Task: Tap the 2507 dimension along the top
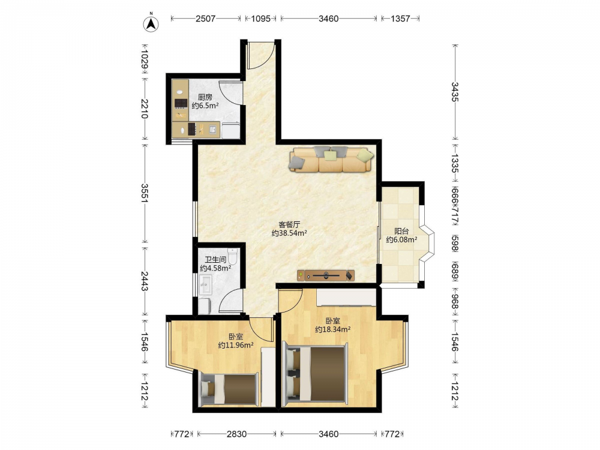click(x=205, y=19)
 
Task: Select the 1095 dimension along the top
click(x=261, y=19)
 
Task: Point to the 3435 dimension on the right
click(x=455, y=92)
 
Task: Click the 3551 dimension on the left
click(x=145, y=193)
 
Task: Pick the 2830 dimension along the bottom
click(x=236, y=434)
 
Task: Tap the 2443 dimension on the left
click(x=145, y=281)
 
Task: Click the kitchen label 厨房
click(x=205, y=97)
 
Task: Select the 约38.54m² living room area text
click(x=289, y=233)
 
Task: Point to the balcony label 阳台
click(x=402, y=231)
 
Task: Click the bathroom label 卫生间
click(x=215, y=260)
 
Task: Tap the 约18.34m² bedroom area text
click(x=333, y=329)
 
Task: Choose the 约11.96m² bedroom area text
click(x=236, y=345)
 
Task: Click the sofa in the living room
click(x=331, y=160)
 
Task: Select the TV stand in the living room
click(x=326, y=275)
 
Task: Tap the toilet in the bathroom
click(x=232, y=256)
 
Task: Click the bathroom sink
click(x=205, y=284)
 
